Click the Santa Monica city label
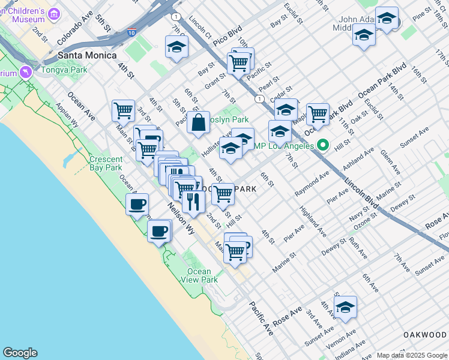click(x=87, y=55)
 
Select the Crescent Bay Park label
click(x=106, y=163)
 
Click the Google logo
click(x=20, y=353)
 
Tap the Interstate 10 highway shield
click(x=132, y=34)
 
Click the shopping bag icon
click(x=198, y=123)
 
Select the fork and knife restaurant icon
click(x=193, y=201)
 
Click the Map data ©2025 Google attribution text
click(x=411, y=355)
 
